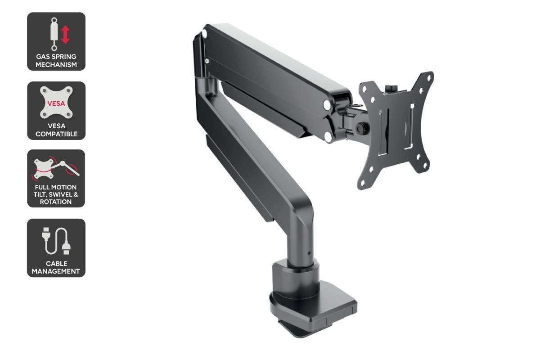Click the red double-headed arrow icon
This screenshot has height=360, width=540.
pyautogui.click(x=65, y=35)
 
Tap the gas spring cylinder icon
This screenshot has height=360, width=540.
pyautogui.click(x=54, y=34)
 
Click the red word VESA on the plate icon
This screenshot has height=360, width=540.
pyautogui.click(x=56, y=103)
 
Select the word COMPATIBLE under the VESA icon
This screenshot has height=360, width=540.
pyautogui.click(x=56, y=134)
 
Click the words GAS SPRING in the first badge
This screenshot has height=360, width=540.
pyautogui.click(x=56, y=57)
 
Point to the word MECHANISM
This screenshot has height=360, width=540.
pyautogui.click(x=56, y=65)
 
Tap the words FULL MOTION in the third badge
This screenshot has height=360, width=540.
pyautogui.click(x=56, y=187)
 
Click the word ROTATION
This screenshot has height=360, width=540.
pyautogui.click(x=56, y=202)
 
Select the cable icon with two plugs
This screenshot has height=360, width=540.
pyautogui.click(x=56, y=241)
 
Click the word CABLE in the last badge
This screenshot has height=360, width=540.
pyautogui.click(x=56, y=264)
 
